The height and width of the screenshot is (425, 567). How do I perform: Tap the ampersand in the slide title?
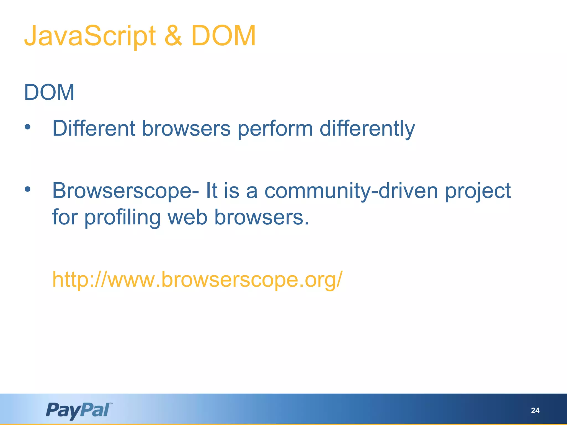coord(173,36)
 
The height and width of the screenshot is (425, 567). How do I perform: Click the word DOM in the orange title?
coord(223,36)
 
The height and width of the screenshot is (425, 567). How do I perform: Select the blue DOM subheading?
coord(49,92)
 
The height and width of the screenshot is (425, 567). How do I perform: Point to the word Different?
coord(94,128)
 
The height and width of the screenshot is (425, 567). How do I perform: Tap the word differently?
coord(367,129)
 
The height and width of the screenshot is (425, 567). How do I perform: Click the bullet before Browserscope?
coord(27,190)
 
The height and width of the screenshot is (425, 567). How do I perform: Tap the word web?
coord(187,217)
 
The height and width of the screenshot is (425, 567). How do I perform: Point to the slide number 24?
coord(535,411)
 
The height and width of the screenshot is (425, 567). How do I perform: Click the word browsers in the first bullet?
coord(186,128)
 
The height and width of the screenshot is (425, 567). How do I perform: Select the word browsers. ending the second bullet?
coord(261,217)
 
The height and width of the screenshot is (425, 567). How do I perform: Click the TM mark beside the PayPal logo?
coord(111,404)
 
